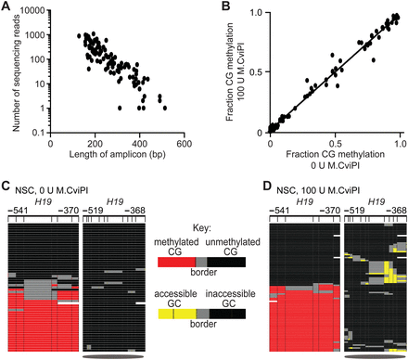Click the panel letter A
(x=6, y=6)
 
